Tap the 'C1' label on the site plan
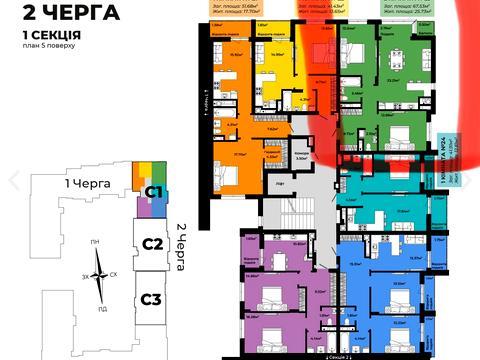pos(153,191)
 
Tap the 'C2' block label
pos(152,242)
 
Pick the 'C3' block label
pos(151,299)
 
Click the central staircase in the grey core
pos(294,214)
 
